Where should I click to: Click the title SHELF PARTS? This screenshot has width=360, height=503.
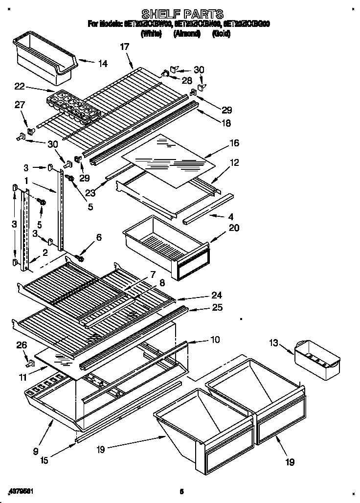[x=182, y=14]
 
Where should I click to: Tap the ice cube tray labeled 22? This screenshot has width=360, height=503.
[x=73, y=107]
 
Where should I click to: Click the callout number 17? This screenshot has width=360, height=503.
[x=124, y=47]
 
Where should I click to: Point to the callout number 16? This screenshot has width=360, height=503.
[x=234, y=143]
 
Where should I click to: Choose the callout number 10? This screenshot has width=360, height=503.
[x=215, y=339]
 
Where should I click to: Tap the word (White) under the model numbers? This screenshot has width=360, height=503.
[x=152, y=34]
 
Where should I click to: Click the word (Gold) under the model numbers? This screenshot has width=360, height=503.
[x=221, y=34]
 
